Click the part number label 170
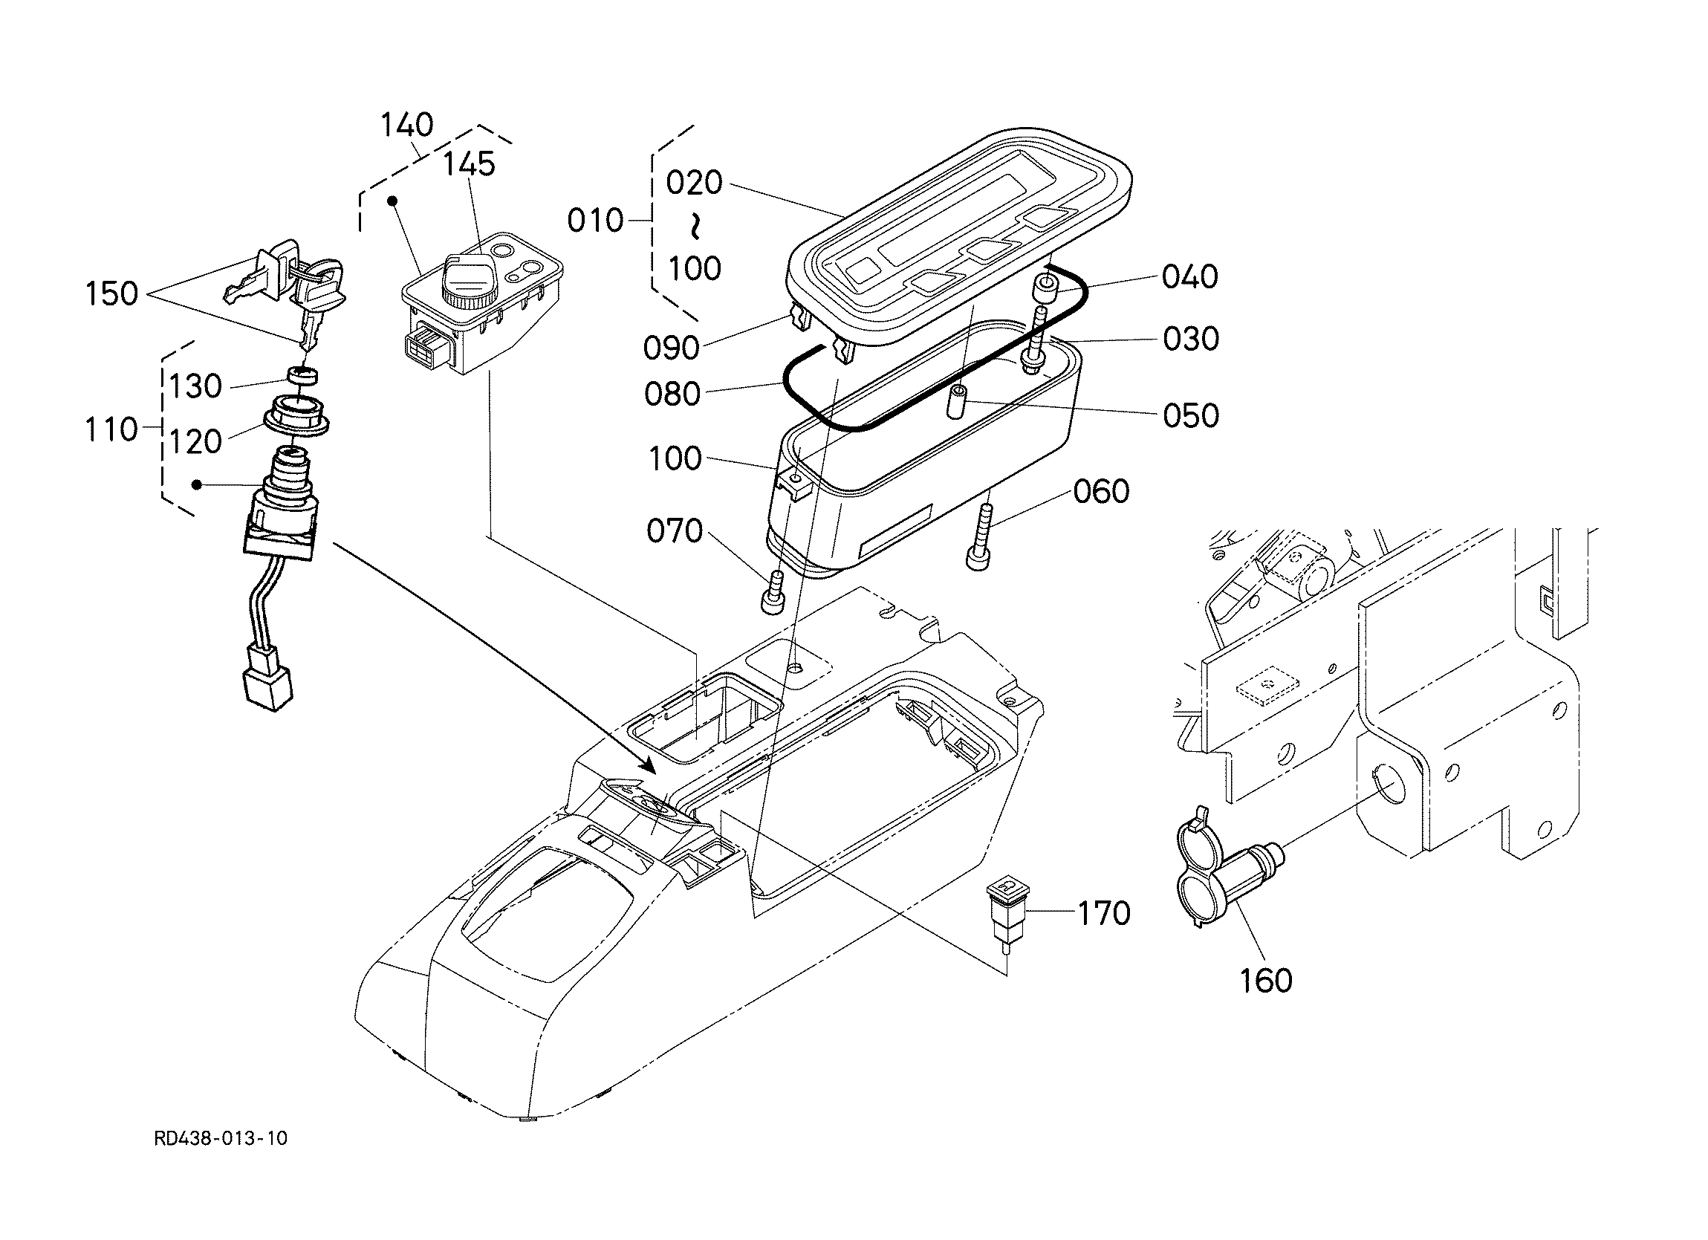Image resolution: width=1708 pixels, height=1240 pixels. (1104, 913)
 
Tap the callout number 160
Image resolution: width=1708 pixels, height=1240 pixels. (1266, 980)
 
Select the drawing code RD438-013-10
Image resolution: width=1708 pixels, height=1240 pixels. (221, 1137)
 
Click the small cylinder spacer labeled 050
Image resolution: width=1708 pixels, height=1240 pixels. (958, 403)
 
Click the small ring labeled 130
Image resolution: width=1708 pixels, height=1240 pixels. (300, 374)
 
